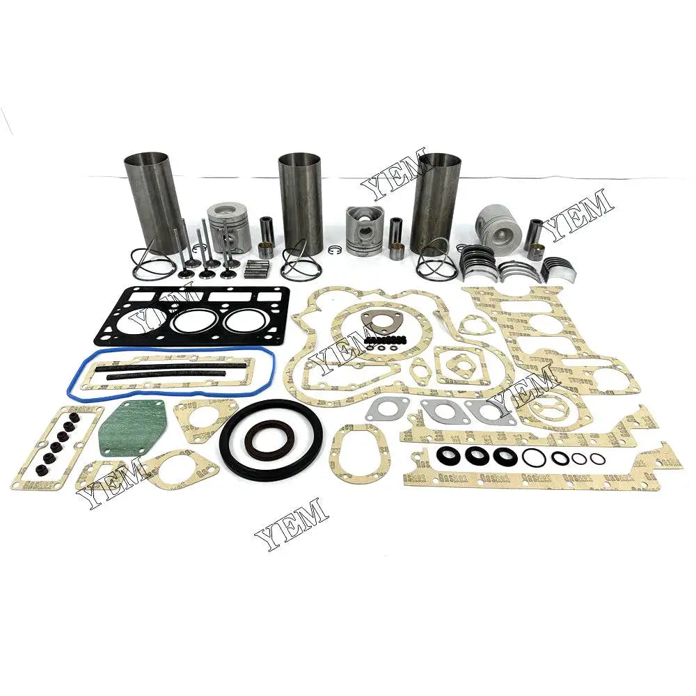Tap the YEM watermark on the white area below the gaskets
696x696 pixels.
[291, 523]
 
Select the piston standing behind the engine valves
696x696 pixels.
[230, 226]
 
